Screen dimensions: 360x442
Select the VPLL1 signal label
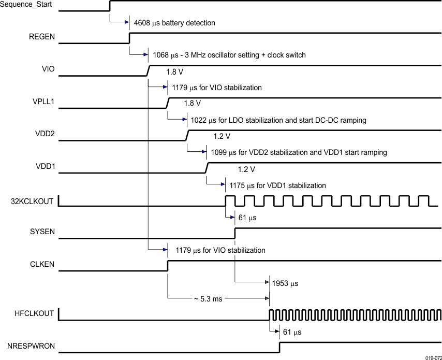click(42, 102)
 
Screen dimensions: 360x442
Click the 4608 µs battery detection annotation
click(174, 23)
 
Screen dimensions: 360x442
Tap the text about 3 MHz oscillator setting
click(229, 55)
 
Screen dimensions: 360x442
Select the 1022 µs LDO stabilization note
click(278, 120)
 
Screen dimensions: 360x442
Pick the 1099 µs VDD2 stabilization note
click(299, 152)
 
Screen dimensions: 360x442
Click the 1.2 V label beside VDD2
click(222, 136)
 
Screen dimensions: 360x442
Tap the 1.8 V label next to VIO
click(175, 71)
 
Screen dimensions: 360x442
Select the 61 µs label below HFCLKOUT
click(291, 332)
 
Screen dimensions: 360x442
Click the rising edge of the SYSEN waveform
click(235, 233)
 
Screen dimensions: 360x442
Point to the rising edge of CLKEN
click(168, 265)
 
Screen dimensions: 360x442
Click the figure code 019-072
click(433, 357)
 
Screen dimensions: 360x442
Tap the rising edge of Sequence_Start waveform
click(110, 6)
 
